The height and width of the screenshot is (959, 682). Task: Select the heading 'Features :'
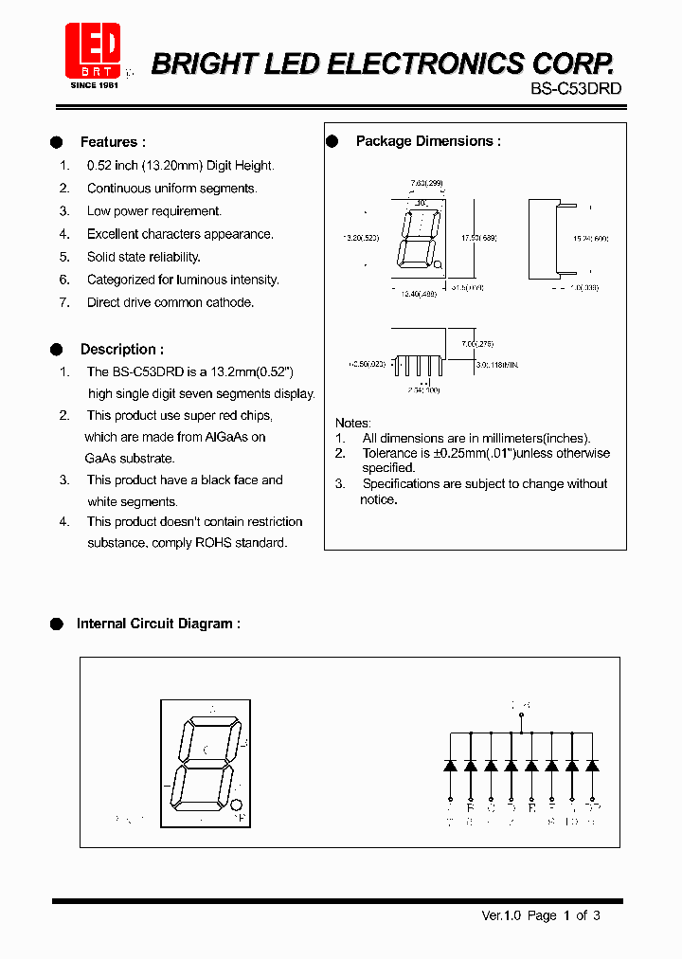(113, 142)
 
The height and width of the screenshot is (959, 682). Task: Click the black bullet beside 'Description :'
(56, 349)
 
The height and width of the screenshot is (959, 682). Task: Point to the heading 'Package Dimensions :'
(428, 141)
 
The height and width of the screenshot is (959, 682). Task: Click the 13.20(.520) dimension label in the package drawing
(360, 238)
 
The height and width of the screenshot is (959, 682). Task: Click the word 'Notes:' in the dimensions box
(353, 423)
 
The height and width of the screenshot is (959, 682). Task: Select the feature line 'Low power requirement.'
(153, 211)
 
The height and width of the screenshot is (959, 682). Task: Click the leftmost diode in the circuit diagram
(450, 765)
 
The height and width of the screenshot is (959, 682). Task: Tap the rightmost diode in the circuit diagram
(592, 765)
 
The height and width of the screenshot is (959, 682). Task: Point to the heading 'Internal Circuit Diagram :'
(158, 624)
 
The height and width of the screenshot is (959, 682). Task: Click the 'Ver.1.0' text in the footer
(502, 915)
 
